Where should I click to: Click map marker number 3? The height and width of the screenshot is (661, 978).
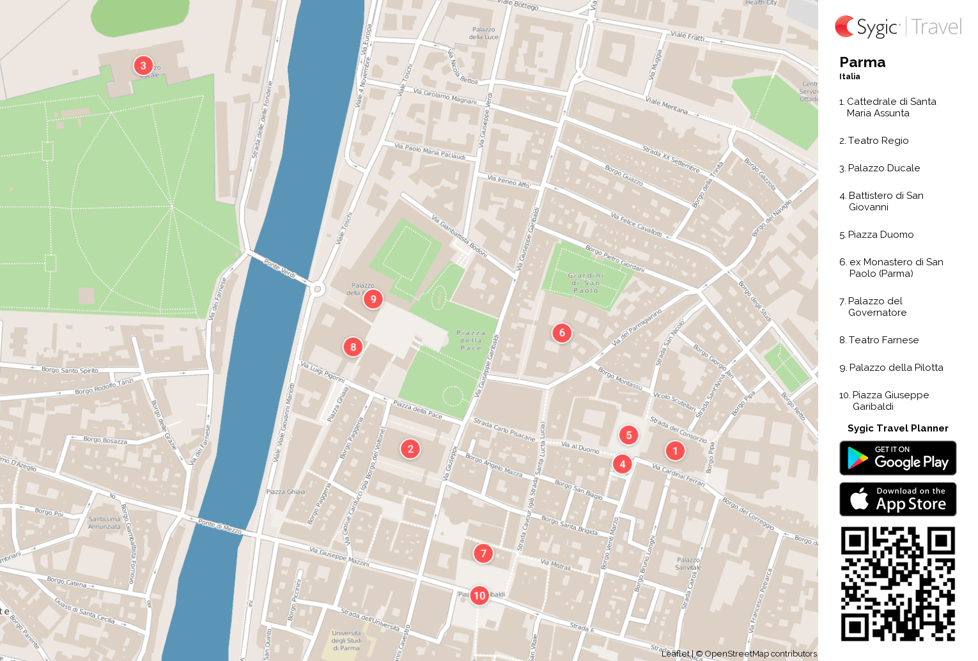[x=143, y=65]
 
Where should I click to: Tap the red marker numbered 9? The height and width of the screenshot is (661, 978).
[x=373, y=299]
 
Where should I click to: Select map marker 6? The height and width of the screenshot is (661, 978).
[x=562, y=332]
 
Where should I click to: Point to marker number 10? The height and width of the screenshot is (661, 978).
[x=479, y=596]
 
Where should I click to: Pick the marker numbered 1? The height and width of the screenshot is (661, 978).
[x=675, y=451]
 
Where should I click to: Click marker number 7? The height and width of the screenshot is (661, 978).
[x=483, y=553]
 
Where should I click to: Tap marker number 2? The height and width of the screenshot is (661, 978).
[x=410, y=449]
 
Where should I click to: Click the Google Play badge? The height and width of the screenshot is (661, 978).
[x=897, y=458]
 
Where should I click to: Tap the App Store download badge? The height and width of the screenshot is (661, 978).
[x=897, y=499]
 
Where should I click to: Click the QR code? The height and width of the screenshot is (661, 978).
[x=897, y=583]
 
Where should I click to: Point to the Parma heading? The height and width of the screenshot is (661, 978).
[x=862, y=62]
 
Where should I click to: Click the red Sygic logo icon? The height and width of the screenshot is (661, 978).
[x=844, y=26]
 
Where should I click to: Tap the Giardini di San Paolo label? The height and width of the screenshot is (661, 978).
[x=586, y=283]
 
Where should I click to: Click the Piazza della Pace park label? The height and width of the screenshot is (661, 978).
[x=471, y=340]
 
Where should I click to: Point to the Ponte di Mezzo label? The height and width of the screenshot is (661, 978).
[x=220, y=526]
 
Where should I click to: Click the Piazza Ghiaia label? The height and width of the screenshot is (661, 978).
[x=286, y=492]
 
